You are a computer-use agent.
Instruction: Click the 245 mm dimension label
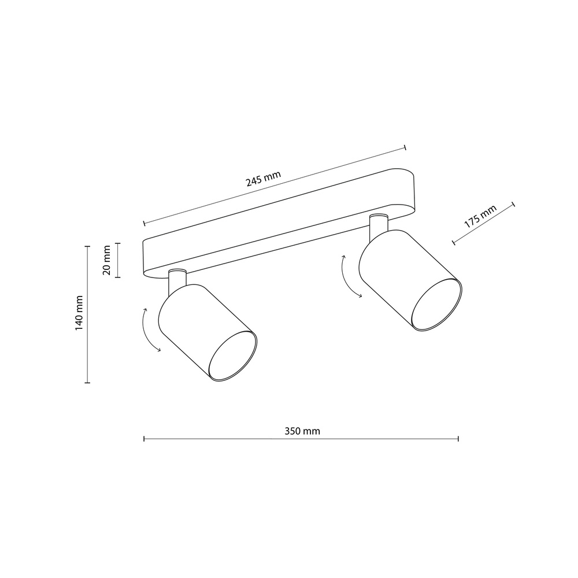tap(263, 180)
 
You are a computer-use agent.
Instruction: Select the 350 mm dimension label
tap(302, 431)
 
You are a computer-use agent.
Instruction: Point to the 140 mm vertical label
tap(79, 313)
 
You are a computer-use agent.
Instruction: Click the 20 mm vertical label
tap(106, 261)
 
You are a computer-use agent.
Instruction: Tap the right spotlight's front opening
tap(436, 304)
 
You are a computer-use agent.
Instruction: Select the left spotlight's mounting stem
tap(176, 280)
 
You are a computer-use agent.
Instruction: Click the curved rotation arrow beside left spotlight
tap(150, 330)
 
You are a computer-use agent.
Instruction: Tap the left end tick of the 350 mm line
tap(143, 439)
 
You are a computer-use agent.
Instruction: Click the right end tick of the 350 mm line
tap(458, 439)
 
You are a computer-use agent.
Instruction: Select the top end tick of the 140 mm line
tap(87, 246)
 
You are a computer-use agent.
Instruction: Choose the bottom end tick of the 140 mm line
tap(87, 382)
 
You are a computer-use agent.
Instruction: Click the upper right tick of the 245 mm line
tap(405, 147)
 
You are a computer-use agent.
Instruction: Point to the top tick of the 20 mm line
tap(118, 244)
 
